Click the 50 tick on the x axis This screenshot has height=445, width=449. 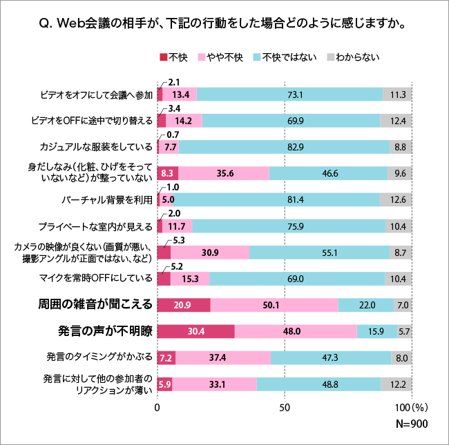pos(284,407)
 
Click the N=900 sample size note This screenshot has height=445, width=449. pos(409,424)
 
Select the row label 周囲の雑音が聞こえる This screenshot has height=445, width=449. pos(96,305)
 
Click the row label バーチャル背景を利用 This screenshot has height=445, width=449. pos(107,200)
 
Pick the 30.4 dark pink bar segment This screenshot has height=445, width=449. pos(195,331)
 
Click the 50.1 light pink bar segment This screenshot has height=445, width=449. pos(274,305)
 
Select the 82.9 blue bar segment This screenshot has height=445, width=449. pos(284,147)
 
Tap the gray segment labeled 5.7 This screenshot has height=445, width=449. pos(405,331)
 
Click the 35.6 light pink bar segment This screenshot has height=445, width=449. pos(224,173)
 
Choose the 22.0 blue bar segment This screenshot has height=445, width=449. pos(366,305)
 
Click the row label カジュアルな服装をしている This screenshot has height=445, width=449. pos(97,147)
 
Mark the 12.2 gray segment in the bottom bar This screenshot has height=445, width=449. pos(397,384)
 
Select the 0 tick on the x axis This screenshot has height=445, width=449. pos(157,407)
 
